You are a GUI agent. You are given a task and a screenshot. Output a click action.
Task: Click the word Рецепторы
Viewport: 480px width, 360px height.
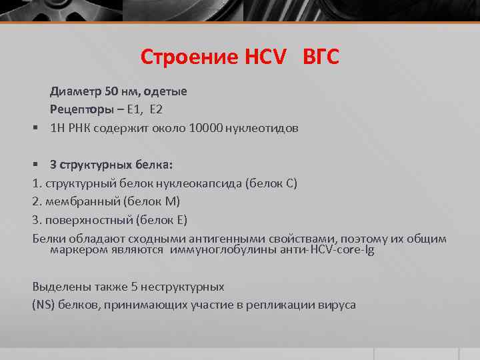point(77,109)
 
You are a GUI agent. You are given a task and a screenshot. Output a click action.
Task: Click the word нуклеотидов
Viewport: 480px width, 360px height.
point(263,127)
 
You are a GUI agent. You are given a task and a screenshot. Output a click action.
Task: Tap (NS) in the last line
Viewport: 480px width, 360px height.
point(44,305)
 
